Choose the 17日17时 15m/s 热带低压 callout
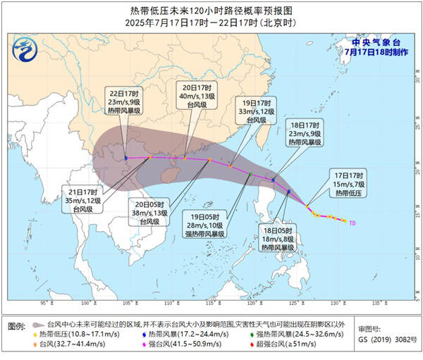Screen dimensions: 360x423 [x=349, y=183]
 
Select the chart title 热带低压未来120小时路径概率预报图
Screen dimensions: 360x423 [x=211, y=11]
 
